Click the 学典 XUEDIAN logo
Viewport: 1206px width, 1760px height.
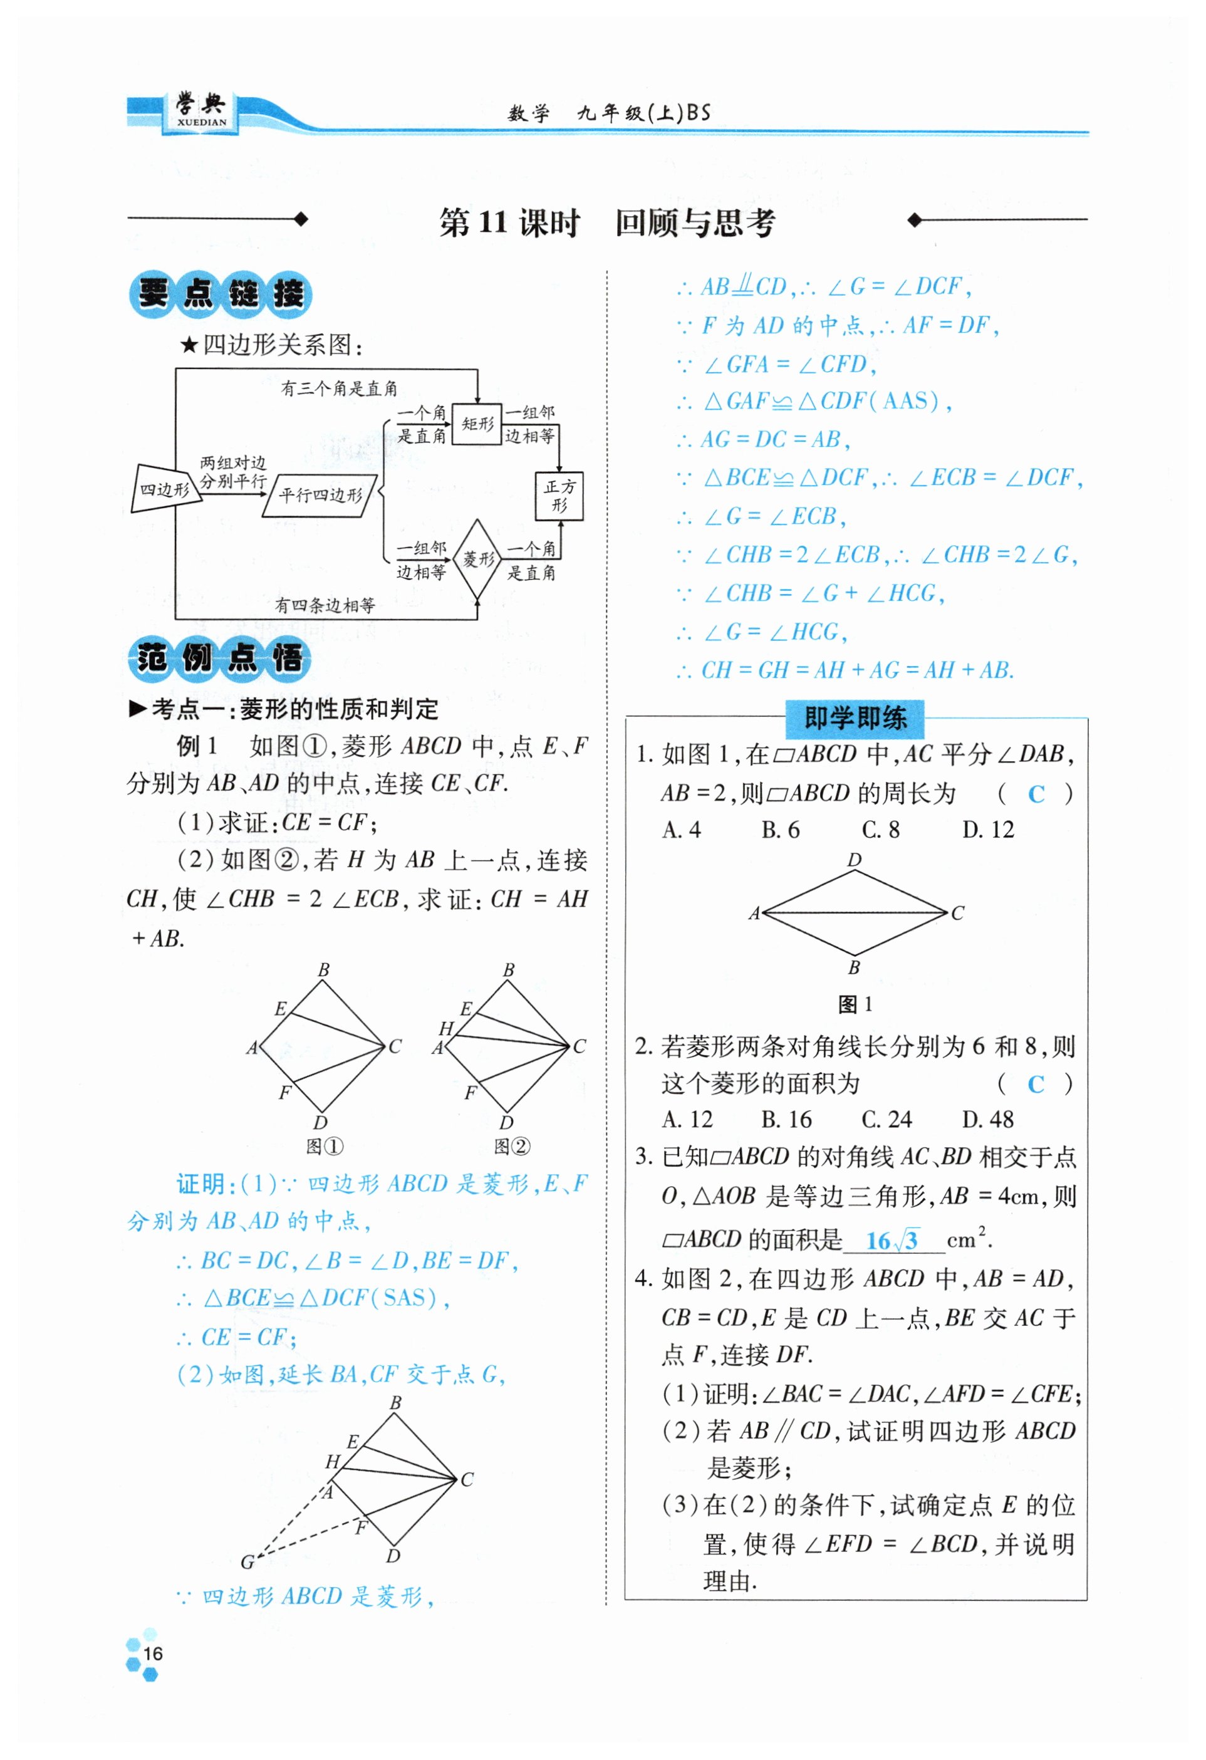(200, 112)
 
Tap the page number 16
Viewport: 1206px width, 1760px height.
(153, 1653)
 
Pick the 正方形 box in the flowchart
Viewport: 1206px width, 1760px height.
(559, 496)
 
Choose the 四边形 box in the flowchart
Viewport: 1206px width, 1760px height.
(164, 489)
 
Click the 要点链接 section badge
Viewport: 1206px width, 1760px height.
(221, 294)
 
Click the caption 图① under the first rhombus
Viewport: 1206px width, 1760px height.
(324, 1147)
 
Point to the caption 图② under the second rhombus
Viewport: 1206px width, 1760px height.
(512, 1147)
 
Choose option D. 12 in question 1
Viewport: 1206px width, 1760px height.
(987, 830)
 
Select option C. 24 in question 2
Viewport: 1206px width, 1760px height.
(886, 1119)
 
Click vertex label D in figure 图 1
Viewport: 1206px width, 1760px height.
(854, 860)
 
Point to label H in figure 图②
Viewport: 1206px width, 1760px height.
(446, 1028)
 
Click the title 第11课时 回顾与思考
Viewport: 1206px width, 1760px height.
(607, 222)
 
